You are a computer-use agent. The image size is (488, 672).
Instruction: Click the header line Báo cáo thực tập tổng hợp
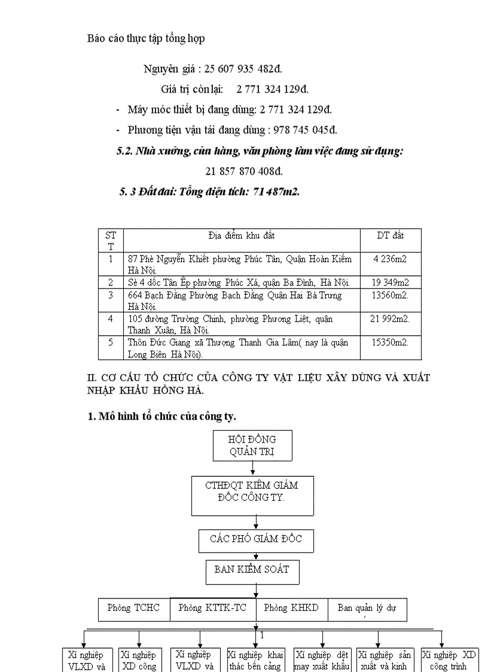(x=146, y=38)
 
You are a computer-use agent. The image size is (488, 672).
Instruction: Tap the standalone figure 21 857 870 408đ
(x=244, y=171)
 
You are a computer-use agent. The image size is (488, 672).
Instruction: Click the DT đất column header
(x=390, y=235)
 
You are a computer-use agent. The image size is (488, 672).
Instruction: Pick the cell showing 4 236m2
(x=390, y=259)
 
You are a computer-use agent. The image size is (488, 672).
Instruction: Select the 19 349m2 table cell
(x=390, y=282)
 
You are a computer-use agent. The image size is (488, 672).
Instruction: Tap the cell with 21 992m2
(x=390, y=319)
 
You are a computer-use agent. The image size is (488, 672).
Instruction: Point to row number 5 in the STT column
(x=110, y=343)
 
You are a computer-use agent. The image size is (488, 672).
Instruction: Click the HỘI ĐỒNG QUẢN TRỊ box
(x=252, y=445)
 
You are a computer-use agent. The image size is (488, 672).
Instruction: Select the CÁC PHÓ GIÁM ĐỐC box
(x=256, y=539)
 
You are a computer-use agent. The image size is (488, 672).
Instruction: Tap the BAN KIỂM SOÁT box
(x=252, y=570)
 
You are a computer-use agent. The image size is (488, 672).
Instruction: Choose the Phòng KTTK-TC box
(x=212, y=608)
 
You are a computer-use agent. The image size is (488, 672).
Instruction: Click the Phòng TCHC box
(x=134, y=608)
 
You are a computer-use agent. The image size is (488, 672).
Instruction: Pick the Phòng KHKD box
(x=291, y=608)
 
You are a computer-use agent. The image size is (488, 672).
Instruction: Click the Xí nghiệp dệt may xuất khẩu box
(x=322, y=659)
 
